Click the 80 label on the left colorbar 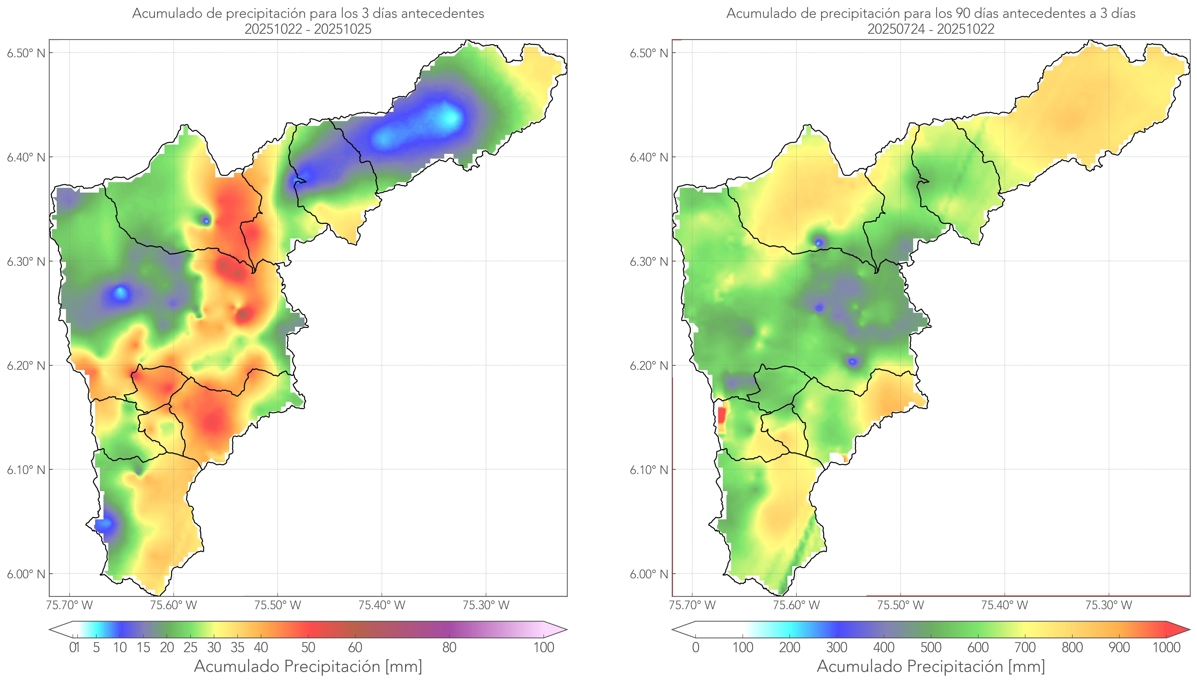click(x=449, y=647)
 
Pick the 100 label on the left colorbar click(x=544, y=647)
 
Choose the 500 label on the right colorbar click(x=931, y=647)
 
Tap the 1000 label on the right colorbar click(x=1166, y=647)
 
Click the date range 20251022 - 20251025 click(x=308, y=29)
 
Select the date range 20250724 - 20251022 click(x=931, y=29)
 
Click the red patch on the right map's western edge click(x=721, y=415)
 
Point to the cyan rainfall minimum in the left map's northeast click(x=449, y=117)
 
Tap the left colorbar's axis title click(x=308, y=666)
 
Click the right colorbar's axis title click(x=931, y=666)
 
